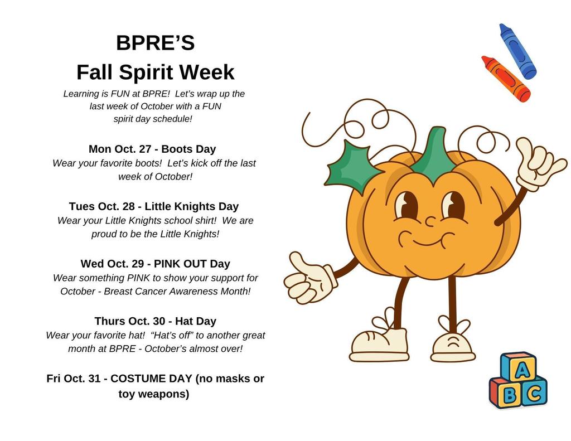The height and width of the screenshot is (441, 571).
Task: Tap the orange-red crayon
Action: click(x=505, y=79)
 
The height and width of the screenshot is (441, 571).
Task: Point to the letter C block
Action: click(x=534, y=394)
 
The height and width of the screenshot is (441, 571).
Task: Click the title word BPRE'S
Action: click(x=155, y=43)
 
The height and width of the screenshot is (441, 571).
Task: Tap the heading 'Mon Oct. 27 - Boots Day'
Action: click(x=152, y=149)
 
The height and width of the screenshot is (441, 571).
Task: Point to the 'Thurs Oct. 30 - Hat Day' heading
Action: click(x=155, y=321)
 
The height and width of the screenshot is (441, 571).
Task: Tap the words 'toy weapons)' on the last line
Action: click(x=154, y=394)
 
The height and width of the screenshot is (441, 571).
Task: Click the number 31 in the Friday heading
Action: click(x=94, y=379)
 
